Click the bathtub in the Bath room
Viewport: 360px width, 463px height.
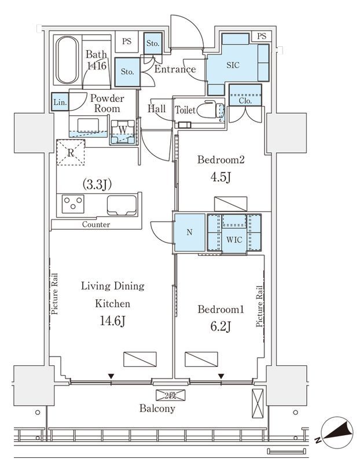(x=67, y=60)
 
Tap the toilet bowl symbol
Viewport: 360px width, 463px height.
(x=210, y=110)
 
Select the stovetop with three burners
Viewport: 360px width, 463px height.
(x=73, y=204)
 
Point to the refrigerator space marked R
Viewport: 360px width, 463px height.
(x=71, y=152)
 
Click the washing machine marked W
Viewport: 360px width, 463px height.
(x=123, y=132)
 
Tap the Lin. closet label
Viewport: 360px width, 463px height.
(x=60, y=102)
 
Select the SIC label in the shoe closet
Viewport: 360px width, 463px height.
(x=233, y=65)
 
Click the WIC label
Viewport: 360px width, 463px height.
(x=234, y=240)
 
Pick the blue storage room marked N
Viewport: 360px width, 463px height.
(x=190, y=233)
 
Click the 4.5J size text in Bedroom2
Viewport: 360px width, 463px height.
(x=221, y=177)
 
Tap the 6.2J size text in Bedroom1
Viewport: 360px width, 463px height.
(x=221, y=326)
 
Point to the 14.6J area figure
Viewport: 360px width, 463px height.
(x=113, y=321)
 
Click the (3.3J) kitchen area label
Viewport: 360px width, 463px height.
(x=97, y=185)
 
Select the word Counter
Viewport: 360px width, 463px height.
(x=96, y=225)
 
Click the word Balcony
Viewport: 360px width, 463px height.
(x=157, y=409)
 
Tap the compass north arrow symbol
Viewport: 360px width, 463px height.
(x=337, y=432)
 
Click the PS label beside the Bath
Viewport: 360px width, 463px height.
(x=127, y=41)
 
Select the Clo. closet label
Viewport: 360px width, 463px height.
(x=245, y=101)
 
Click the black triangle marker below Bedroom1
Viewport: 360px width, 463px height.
(x=221, y=376)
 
